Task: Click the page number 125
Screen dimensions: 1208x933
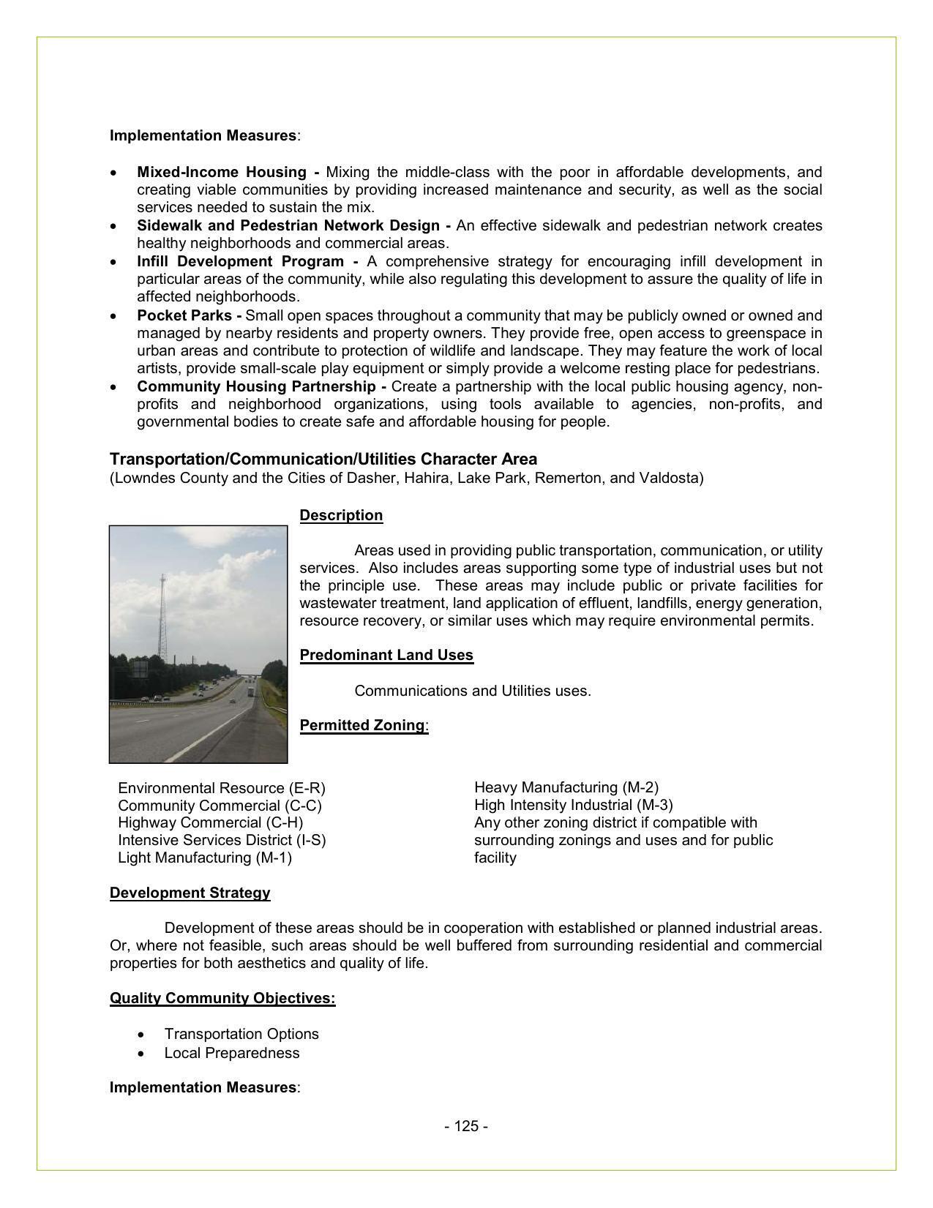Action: [x=465, y=1126]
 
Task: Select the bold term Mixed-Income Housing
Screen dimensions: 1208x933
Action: [x=222, y=173]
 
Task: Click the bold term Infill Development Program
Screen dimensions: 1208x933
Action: [x=240, y=262]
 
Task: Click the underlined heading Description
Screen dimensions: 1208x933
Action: [x=341, y=516]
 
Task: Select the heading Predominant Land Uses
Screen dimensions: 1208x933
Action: [x=386, y=656]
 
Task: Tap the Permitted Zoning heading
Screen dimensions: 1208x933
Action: [x=362, y=726]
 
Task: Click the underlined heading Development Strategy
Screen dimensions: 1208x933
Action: [x=190, y=893]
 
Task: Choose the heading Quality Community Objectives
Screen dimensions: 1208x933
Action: [x=222, y=999]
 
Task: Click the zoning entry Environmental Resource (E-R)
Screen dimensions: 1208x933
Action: [x=221, y=789]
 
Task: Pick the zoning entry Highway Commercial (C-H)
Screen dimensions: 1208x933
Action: [x=210, y=823]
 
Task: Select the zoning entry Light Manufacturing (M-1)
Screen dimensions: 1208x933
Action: [x=204, y=858]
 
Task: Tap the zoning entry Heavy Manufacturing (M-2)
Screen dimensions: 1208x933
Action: [x=566, y=788]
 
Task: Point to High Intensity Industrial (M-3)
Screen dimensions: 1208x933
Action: [x=573, y=806]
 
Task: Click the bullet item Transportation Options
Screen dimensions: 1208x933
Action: [x=241, y=1035]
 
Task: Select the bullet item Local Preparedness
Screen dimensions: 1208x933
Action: [x=231, y=1054]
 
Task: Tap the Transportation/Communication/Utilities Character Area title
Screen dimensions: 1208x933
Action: [x=323, y=459]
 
